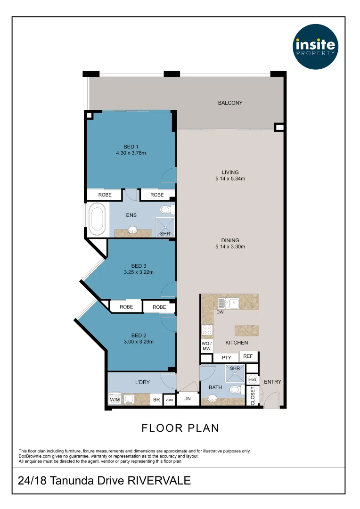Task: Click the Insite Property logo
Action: tap(315, 46)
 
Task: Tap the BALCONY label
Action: tap(230, 103)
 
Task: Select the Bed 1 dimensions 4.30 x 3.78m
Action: tap(131, 153)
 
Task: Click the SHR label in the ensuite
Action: tap(165, 234)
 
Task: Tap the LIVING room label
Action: tap(230, 172)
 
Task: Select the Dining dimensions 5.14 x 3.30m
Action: tap(230, 246)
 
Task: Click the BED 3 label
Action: tap(139, 266)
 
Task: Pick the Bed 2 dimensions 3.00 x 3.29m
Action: tap(139, 342)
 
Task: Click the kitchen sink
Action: tap(229, 304)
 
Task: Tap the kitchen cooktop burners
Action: tap(207, 330)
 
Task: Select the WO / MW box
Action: tap(207, 346)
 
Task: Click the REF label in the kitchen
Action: tap(248, 356)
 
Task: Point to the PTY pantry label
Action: tap(227, 357)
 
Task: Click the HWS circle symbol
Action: tap(253, 379)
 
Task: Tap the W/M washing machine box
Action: tap(115, 400)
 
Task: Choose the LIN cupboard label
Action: tap(187, 398)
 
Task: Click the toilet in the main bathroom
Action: tap(237, 390)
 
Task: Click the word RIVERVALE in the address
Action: tap(159, 480)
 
